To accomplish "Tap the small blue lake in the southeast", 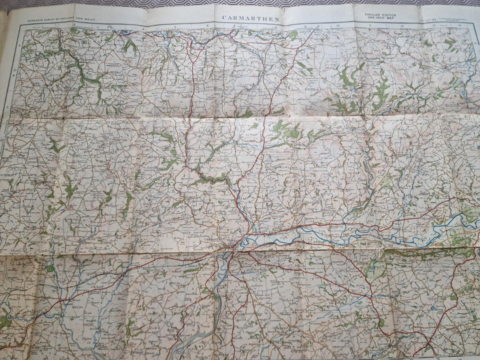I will click(432, 308).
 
